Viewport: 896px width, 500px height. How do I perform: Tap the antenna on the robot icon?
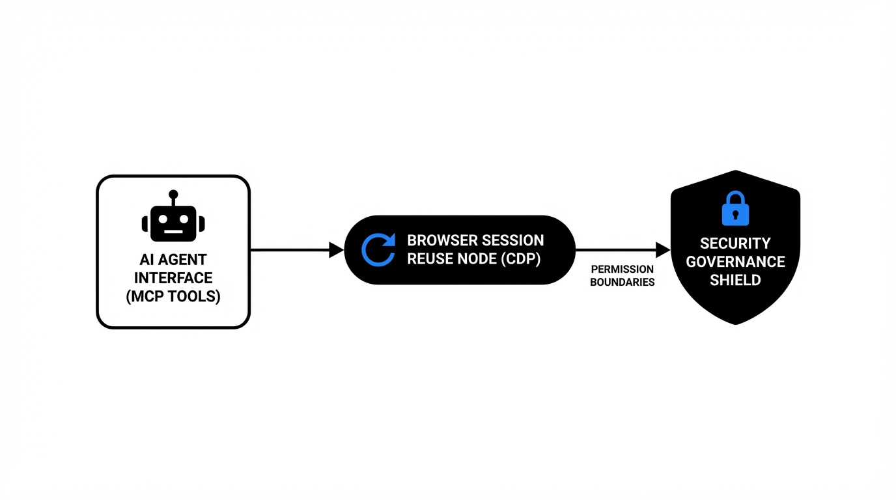click(x=173, y=195)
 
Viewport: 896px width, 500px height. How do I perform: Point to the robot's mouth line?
click(x=173, y=232)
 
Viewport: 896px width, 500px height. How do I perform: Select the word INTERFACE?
click(x=173, y=278)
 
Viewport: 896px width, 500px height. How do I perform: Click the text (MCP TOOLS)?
click(x=173, y=297)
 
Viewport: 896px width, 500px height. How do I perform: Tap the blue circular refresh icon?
click(x=378, y=250)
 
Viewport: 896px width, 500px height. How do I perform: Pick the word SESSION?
click(x=514, y=240)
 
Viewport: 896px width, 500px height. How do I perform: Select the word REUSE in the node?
click(x=428, y=258)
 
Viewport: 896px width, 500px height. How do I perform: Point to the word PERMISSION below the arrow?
click(x=622, y=270)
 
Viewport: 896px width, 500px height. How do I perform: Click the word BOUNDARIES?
click(x=622, y=283)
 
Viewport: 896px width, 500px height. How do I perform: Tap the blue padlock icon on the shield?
click(x=735, y=209)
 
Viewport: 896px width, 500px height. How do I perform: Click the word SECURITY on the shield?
click(x=735, y=243)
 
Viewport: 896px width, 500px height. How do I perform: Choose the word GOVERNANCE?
click(x=735, y=262)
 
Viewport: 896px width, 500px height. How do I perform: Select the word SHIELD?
click(x=735, y=281)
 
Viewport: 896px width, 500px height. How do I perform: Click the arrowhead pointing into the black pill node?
click(x=337, y=250)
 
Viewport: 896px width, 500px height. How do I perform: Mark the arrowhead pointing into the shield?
click(x=663, y=250)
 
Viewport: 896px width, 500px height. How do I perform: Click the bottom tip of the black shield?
click(x=736, y=323)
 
